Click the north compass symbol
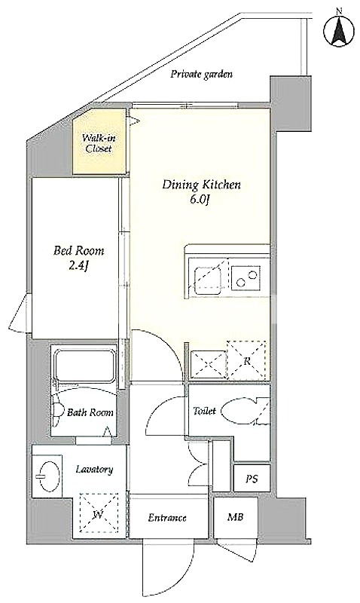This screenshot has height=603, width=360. point(339,31)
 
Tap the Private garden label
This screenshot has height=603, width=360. point(201,74)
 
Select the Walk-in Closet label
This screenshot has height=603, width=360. point(100,143)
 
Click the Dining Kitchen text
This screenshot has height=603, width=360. point(201,185)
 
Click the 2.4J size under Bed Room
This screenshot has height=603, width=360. point(79,267)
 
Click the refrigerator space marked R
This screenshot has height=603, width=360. point(246,360)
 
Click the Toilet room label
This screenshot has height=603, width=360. point(204,411)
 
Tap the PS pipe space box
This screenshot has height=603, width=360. point(252,478)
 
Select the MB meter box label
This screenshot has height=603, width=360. point(236,517)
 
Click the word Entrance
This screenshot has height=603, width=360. point(167,518)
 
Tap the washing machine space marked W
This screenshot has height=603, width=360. point(99,513)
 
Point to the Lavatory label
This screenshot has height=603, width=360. point(94,469)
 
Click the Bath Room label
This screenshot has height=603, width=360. point(90,412)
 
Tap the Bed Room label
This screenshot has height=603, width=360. point(79,251)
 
